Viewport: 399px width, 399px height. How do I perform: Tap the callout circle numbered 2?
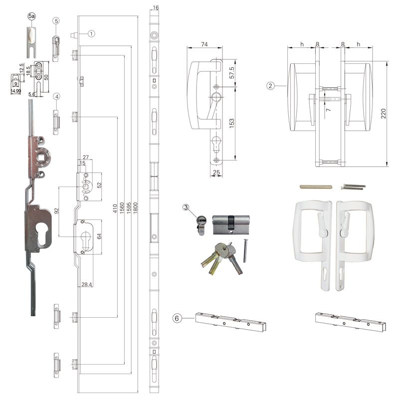click(270, 86)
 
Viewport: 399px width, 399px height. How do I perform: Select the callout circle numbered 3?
click(186, 207)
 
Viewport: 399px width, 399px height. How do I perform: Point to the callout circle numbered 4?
click(57, 96)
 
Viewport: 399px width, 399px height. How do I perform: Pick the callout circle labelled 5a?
click(31, 17)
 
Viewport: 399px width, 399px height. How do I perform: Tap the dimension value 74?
click(204, 44)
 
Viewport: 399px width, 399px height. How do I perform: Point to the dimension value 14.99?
click(16, 91)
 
